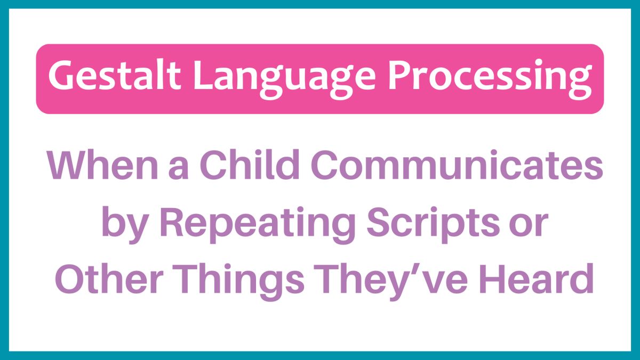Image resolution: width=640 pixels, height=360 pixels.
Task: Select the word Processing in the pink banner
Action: coord(490,77)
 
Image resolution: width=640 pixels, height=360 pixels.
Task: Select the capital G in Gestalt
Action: coord(60,77)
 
